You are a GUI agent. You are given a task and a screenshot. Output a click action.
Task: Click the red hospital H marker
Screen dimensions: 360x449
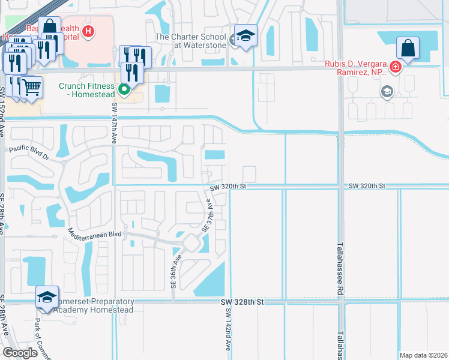[x=88, y=31]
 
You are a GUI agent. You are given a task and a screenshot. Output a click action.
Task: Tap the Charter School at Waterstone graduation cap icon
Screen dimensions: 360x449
[x=246, y=36]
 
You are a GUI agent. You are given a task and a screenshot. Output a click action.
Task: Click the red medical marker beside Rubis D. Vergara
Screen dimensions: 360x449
[x=395, y=67]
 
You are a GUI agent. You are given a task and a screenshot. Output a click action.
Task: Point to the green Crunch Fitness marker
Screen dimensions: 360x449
[x=124, y=91]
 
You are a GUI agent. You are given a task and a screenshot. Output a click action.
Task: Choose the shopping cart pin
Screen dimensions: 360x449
[x=32, y=87]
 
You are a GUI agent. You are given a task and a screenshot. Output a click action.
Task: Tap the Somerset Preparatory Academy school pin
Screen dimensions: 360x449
[x=47, y=298]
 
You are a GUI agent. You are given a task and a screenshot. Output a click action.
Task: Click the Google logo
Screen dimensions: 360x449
[x=20, y=353]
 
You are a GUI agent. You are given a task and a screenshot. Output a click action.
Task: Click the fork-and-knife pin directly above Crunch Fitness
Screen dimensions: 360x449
[x=131, y=72]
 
